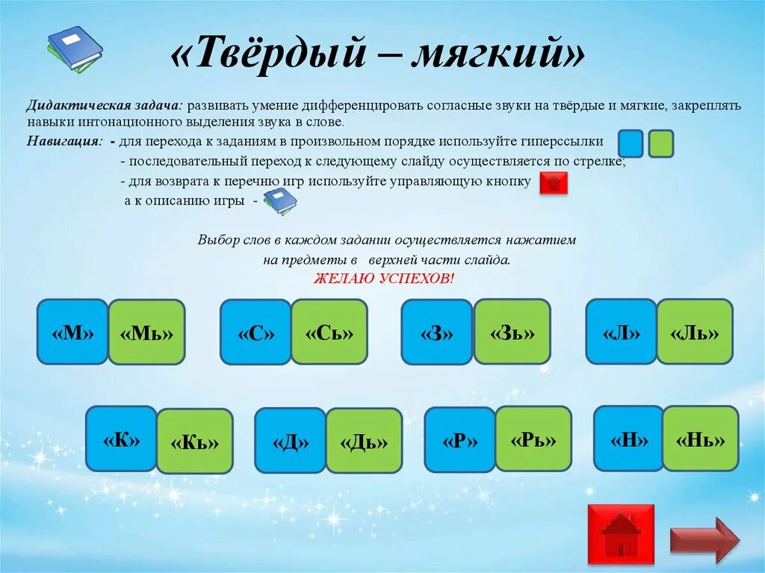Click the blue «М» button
[72, 332]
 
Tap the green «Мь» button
[146, 332]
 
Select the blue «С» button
[255, 332]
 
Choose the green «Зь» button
[512, 332]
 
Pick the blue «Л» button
[622, 332]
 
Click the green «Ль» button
[695, 332]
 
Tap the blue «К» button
[121, 439]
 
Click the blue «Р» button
[459, 440]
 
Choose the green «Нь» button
[701, 439]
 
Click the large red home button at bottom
[621, 533]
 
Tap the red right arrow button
[704, 539]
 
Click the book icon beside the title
[74, 49]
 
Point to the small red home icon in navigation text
[554, 183]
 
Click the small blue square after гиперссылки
[631, 143]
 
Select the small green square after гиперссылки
[661, 143]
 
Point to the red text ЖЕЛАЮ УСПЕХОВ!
[384, 279]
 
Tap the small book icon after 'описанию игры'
[280, 202]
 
